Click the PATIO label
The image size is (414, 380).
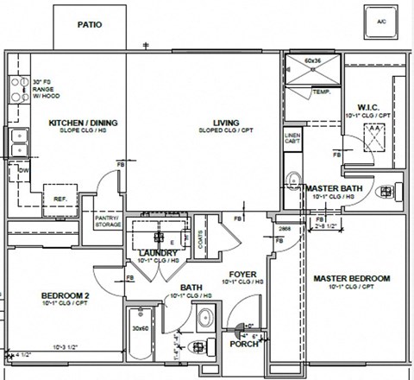click(90, 24)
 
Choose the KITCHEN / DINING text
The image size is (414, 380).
click(83, 123)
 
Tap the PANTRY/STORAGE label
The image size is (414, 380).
click(107, 221)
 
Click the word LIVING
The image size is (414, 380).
click(225, 123)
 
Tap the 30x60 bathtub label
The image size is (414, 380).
click(141, 327)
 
